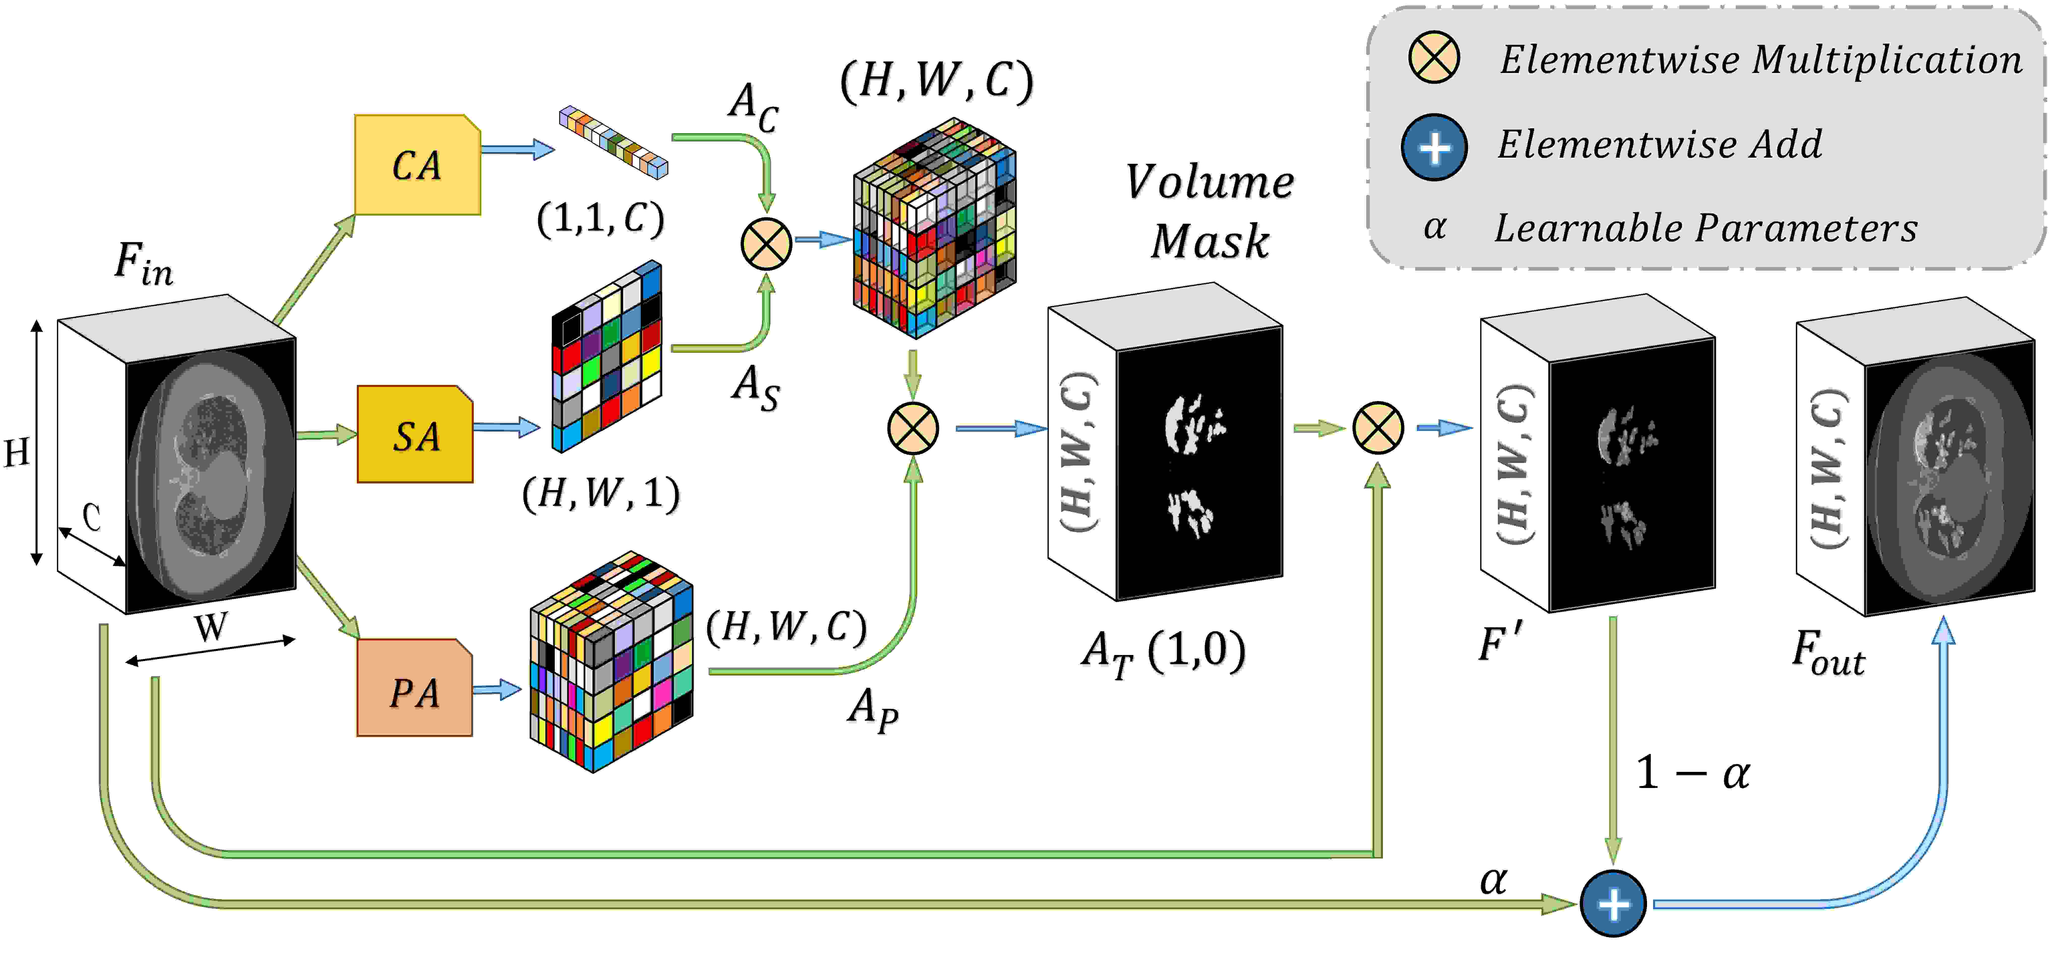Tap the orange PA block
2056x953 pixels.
414,687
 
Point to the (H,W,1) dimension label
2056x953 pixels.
601,493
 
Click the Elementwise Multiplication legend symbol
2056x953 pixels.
1434,58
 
